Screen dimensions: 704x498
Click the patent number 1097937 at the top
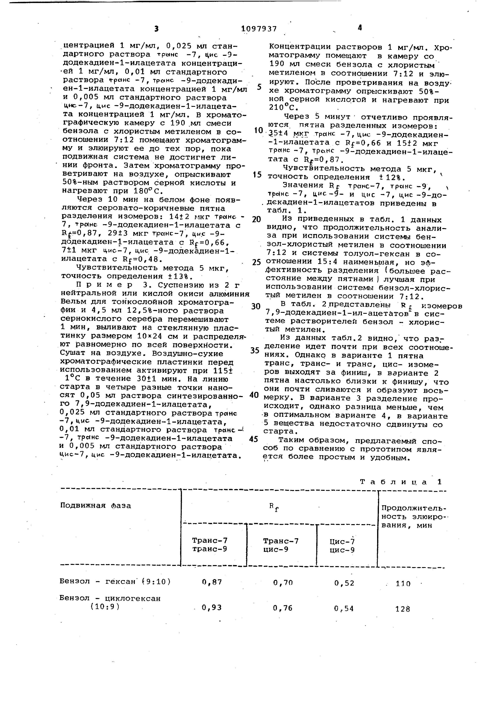point(259,29)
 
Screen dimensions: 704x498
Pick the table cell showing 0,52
point(344,583)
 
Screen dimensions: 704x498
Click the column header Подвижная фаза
point(96,505)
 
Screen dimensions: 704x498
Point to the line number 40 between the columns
point(254,395)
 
